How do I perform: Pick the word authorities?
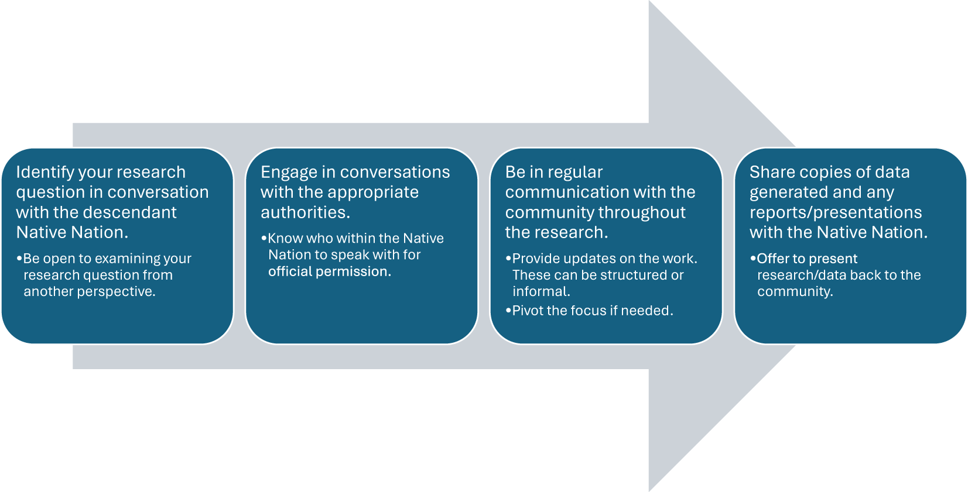[x=305, y=212]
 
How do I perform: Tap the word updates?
[x=590, y=259]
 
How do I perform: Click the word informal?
[x=542, y=292]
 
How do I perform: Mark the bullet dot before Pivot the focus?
[x=508, y=311]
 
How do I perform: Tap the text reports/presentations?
[x=836, y=212]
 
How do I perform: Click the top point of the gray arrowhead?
[x=649, y=1]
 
